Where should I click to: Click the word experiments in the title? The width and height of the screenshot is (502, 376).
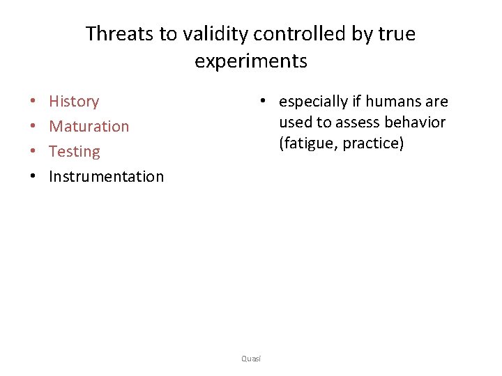251,61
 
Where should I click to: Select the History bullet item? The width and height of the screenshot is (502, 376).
74,102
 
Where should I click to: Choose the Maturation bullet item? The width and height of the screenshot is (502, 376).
89,127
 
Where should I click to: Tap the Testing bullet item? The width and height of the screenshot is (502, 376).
74,152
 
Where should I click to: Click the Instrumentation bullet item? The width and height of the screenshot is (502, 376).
106,177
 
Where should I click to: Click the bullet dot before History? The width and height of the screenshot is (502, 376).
33,102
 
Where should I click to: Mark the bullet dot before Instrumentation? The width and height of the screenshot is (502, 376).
33,177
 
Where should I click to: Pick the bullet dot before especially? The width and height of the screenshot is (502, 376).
262,102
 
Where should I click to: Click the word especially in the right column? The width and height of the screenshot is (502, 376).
312,102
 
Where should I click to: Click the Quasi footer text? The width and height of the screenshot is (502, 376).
251,359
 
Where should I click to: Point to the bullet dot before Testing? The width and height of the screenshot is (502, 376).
33,152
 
